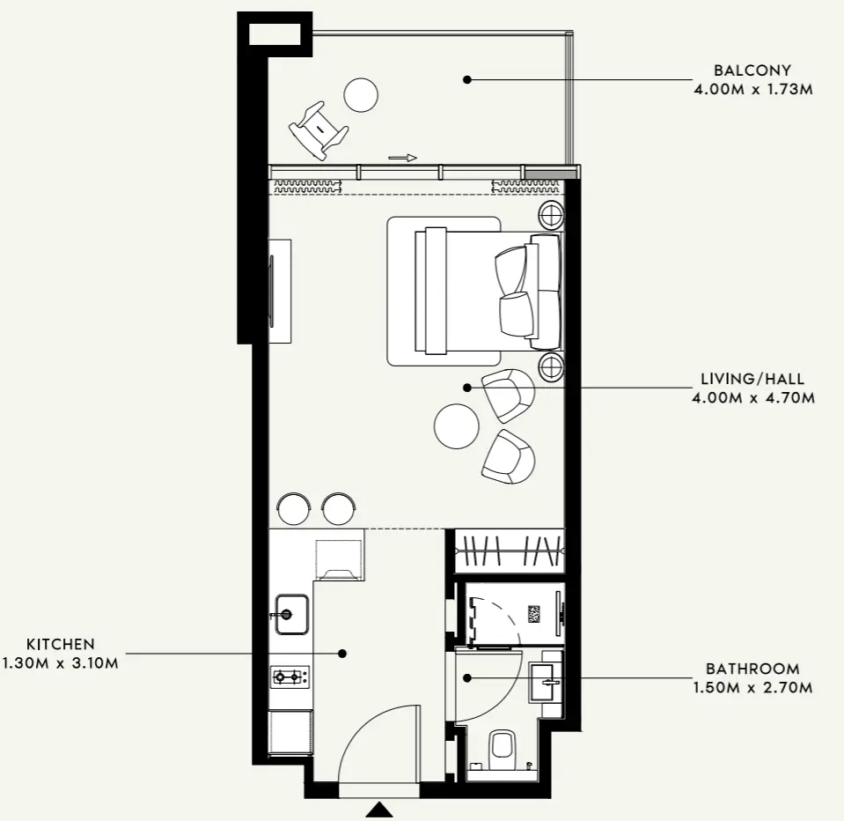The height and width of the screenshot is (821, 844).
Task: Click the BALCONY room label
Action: click(x=752, y=70)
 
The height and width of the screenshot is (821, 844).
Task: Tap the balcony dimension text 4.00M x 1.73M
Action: click(x=753, y=90)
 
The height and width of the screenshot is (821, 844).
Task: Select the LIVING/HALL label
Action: click(x=752, y=379)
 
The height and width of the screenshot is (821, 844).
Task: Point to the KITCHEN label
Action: click(x=60, y=644)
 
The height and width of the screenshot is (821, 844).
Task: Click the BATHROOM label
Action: click(x=752, y=669)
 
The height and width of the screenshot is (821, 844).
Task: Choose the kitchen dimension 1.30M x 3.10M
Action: click(x=60, y=662)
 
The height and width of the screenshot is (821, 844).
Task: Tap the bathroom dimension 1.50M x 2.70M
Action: click(x=752, y=688)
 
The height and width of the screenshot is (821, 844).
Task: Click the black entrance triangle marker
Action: click(x=380, y=810)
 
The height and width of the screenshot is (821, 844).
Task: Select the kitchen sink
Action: click(x=292, y=614)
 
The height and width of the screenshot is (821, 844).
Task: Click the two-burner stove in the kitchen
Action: click(x=290, y=676)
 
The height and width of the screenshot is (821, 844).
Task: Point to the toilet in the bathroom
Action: click(x=503, y=751)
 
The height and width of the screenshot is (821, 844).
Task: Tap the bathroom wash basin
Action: click(x=546, y=683)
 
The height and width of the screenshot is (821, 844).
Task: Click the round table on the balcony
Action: click(x=361, y=95)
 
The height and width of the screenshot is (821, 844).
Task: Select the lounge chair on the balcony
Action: click(x=319, y=130)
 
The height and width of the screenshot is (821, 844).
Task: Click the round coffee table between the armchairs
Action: click(x=457, y=426)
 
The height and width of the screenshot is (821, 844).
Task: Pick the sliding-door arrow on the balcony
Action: click(x=402, y=158)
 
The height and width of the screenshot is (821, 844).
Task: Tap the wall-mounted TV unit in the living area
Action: click(x=280, y=291)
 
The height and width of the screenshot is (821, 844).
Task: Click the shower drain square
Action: click(x=534, y=614)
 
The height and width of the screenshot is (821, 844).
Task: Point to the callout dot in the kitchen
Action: click(x=341, y=654)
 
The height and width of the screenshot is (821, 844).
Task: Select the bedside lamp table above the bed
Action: click(x=553, y=215)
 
